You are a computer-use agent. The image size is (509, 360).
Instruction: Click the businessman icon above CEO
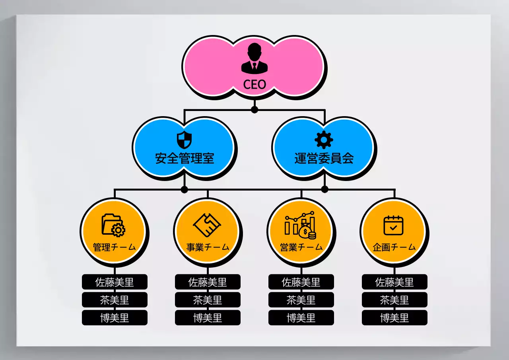click(x=254, y=58)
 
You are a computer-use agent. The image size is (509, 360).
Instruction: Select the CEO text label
click(x=254, y=84)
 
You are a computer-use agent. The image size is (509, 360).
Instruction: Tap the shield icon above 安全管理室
click(x=184, y=140)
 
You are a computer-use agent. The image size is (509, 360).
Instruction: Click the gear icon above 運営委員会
click(x=324, y=140)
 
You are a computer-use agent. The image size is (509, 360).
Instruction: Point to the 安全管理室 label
click(x=185, y=158)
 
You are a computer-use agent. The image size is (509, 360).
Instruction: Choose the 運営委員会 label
click(x=324, y=158)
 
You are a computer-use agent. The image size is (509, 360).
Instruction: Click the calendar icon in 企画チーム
click(x=394, y=225)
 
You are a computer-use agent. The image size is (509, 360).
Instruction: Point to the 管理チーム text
click(x=115, y=247)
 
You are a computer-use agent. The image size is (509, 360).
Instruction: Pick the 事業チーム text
click(x=208, y=247)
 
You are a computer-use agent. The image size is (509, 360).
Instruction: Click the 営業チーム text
click(x=301, y=247)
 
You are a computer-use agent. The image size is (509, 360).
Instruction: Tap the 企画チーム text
click(x=394, y=247)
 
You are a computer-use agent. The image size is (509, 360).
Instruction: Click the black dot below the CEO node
click(x=254, y=109)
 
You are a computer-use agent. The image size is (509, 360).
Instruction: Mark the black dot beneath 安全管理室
click(x=184, y=189)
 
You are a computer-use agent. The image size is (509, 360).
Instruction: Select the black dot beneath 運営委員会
click(x=324, y=189)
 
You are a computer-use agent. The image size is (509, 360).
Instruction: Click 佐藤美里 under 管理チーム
click(x=115, y=282)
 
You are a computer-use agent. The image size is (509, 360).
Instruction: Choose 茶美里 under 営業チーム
click(x=301, y=300)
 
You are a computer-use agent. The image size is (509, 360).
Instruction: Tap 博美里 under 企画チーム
click(x=394, y=318)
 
